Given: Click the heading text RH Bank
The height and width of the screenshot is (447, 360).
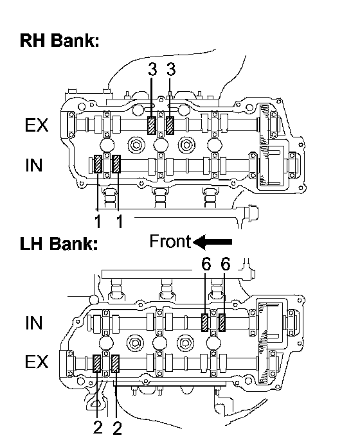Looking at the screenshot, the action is [59, 40].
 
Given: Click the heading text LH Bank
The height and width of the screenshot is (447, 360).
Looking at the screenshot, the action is [59, 244].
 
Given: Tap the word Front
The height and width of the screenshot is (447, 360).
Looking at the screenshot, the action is [170, 241].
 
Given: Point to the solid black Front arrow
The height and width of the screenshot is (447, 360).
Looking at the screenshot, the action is [213, 242].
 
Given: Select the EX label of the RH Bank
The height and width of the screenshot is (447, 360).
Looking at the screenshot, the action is [37, 125].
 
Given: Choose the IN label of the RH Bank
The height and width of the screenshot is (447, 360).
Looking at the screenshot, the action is [34, 165].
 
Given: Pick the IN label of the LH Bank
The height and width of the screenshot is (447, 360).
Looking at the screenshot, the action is [34, 323].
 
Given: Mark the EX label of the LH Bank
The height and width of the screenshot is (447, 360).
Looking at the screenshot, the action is [37, 362].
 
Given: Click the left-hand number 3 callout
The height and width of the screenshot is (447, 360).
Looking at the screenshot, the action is [152, 69].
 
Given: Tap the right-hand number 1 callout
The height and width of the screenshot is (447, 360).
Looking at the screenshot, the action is [120, 222].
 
